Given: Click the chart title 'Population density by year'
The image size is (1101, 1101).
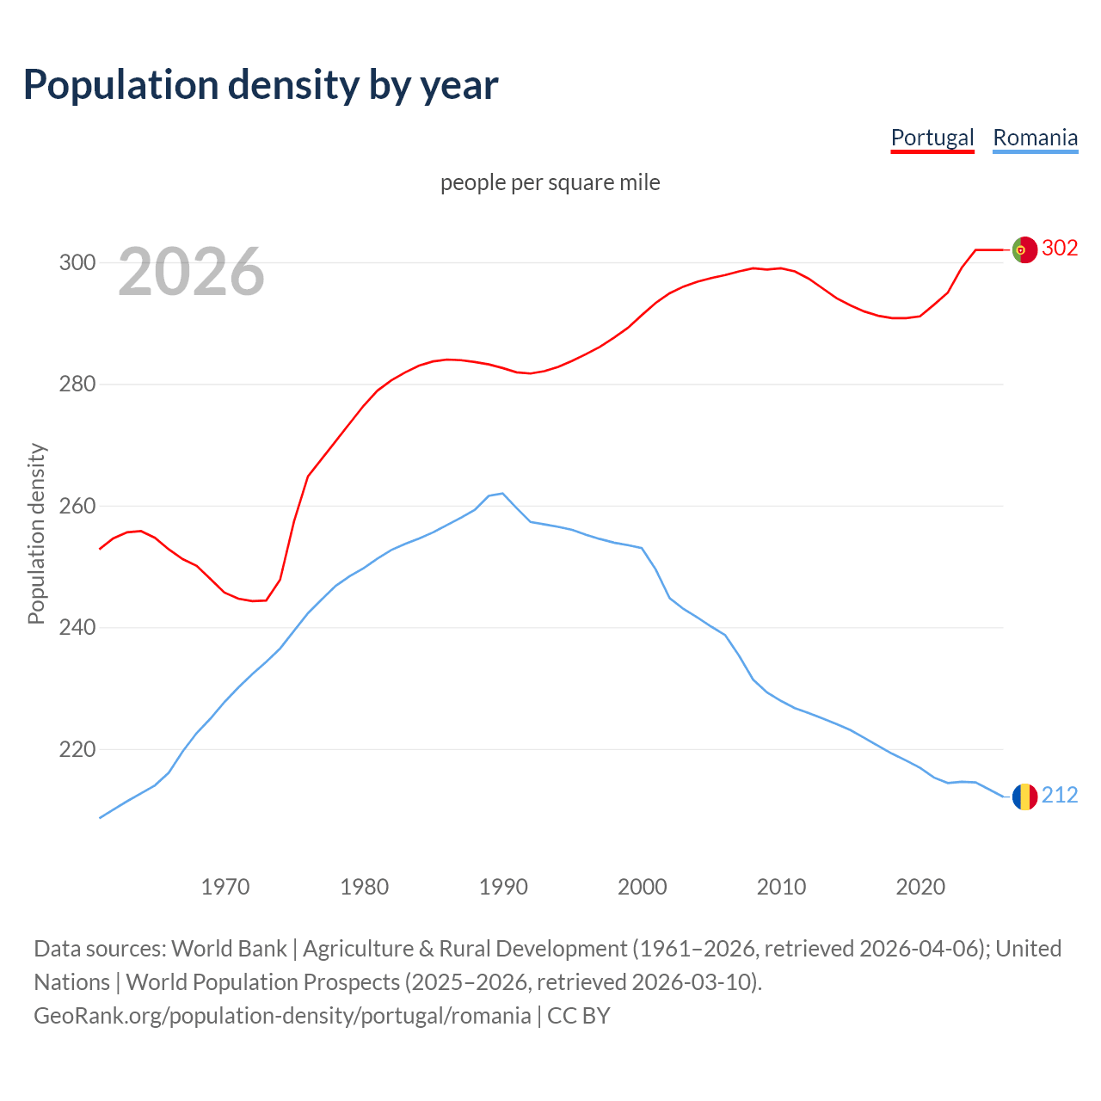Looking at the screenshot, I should pos(261,84).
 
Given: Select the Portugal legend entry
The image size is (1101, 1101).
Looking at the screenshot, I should pos(932,138).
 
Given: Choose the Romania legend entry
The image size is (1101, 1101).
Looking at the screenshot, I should pos(1035,138).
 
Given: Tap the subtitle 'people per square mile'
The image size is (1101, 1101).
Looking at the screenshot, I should pos(550,182).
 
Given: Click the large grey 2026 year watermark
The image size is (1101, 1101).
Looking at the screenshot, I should pos(191,272).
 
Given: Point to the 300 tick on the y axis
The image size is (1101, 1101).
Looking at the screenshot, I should pos(77,262).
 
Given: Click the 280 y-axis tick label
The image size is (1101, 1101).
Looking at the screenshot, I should pos(77,384).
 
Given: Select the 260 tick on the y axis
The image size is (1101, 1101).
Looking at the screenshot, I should pos(77,506).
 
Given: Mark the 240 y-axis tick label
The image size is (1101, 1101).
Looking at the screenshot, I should pos(77,628).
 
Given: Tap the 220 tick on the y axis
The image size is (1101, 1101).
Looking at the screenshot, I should pos(77,749).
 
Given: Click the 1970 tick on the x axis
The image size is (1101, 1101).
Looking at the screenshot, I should pos(225,887).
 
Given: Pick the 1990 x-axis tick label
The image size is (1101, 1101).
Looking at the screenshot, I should pos(503,887).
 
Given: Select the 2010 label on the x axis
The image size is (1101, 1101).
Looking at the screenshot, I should pos(781,887).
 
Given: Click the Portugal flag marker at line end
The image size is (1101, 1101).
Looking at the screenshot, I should pos(1024,249).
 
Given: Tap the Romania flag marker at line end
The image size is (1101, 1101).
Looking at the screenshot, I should pos(1024,797).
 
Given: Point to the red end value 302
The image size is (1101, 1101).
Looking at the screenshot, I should pos(1060,249).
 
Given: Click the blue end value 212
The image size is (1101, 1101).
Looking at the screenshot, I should pos(1060,796).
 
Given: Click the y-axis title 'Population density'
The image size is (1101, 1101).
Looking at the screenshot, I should pos(36,533).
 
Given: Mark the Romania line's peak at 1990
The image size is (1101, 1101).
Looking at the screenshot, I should pos(502,494).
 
